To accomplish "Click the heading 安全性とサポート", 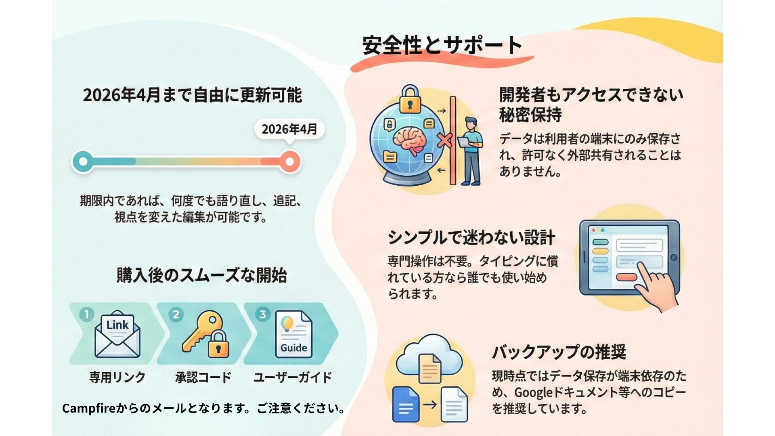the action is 442,45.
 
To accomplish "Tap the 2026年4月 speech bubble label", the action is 289,129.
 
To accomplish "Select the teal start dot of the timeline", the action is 83,161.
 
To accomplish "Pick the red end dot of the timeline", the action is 289,161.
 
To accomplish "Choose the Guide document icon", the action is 294,334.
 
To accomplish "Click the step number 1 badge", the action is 87,314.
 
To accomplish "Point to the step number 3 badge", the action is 263,314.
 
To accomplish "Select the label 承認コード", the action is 203,377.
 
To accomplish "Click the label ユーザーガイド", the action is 292,377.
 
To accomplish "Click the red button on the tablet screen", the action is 627,277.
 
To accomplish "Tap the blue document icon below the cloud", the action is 406,405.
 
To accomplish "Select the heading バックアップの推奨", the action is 559,352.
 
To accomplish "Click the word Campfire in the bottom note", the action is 89,409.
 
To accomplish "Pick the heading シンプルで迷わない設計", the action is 471,237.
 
